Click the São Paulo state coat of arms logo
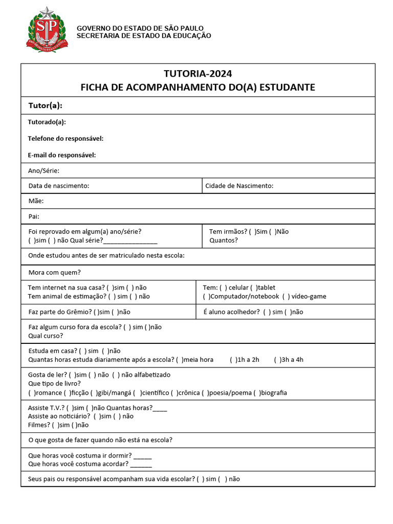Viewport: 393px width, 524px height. click(x=47, y=30)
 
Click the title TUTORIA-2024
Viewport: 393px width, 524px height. click(x=198, y=74)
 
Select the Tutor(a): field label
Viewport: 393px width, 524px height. click(x=45, y=105)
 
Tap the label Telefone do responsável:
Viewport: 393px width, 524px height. click(x=65, y=139)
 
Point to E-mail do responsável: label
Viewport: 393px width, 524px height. click(x=62, y=155)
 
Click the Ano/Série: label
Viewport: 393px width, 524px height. click(x=44, y=170)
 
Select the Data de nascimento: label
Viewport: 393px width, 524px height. click(x=59, y=186)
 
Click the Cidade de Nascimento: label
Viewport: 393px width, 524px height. click(x=239, y=186)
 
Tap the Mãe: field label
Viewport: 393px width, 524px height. click(x=36, y=201)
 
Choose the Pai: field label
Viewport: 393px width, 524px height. click(x=34, y=216)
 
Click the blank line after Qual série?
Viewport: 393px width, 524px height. click(x=130, y=241)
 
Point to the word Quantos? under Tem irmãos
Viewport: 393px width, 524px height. click(x=224, y=240)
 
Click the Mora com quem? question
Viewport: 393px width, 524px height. click(x=55, y=272)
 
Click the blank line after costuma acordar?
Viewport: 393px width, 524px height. click(x=141, y=465)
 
